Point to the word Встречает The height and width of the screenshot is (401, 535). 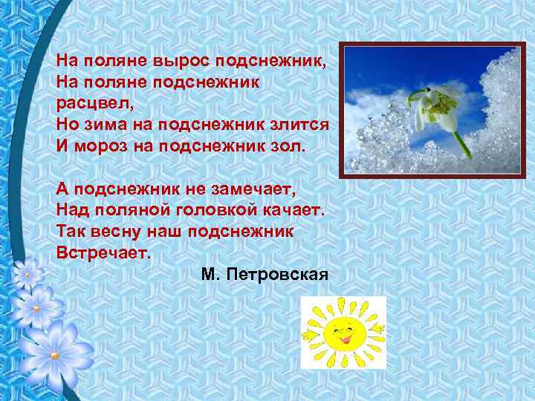tap(103, 252)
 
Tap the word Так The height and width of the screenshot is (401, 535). tap(71, 231)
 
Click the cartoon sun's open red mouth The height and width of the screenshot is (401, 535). tap(343, 338)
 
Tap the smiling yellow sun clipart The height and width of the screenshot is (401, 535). tap(343, 332)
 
